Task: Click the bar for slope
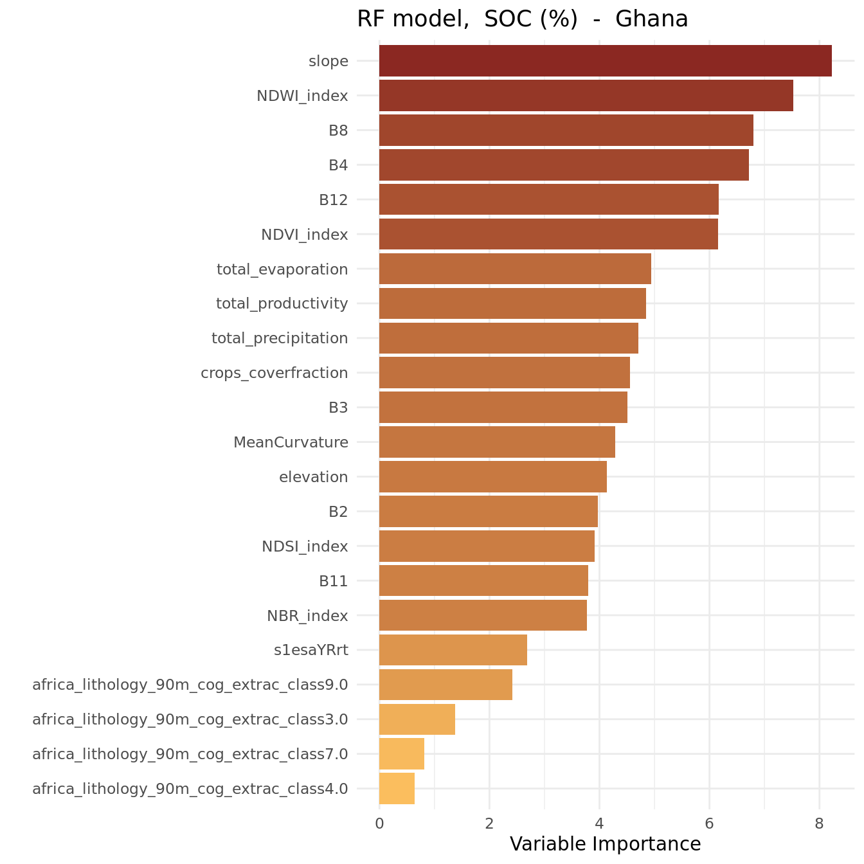click(606, 60)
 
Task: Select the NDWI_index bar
click(586, 96)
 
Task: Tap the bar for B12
click(549, 199)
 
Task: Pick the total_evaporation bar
click(515, 269)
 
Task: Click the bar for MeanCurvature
click(497, 442)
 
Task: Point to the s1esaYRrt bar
click(453, 650)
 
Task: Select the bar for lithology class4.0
click(397, 789)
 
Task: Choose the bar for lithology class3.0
click(417, 719)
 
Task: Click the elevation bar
click(493, 476)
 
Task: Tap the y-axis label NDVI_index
click(305, 235)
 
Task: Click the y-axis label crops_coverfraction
click(274, 373)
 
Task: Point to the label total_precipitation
click(280, 338)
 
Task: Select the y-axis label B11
click(333, 581)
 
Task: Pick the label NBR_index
click(307, 616)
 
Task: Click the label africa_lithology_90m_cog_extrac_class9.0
click(190, 685)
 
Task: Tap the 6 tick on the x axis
click(709, 824)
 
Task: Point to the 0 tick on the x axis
click(379, 824)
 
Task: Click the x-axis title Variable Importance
click(606, 844)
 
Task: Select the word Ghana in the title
click(651, 19)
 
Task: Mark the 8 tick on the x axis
click(819, 824)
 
